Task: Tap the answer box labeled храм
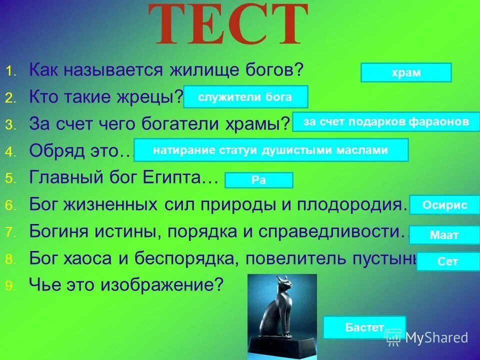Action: point(405,72)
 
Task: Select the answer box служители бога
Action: point(245,97)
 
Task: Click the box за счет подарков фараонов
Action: point(385,122)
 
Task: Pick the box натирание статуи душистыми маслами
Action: point(271,150)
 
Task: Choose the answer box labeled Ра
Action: point(258,180)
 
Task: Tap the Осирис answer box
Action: point(444,204)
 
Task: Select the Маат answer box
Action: point(444,234)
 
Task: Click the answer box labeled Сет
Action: point(447,261)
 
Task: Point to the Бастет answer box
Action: point(364,327)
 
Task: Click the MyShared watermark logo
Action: point(427,338)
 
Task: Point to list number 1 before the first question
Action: point(10,71)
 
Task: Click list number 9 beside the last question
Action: point(10,285)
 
